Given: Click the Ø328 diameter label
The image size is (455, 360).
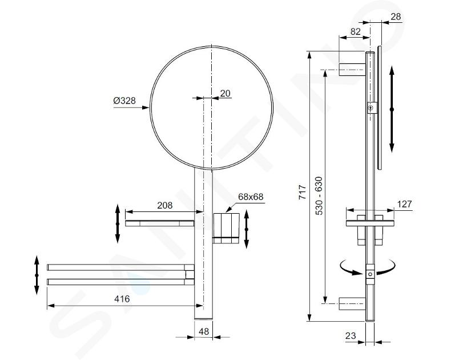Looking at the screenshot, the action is pyautogui.click(x=124, y=101).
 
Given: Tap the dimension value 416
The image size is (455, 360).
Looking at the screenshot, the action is pyautogui.click(x=122, y=299).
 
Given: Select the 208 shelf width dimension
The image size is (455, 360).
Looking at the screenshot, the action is pyautogui.click(x=164, y=205).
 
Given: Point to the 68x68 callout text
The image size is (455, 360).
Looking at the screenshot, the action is pyautogui.click(x=251, y=197).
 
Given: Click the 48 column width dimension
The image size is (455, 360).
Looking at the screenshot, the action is pyautogui.click(x=204, y=331).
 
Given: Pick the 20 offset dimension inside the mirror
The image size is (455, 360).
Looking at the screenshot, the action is pyautogui.click(x=225, y=93).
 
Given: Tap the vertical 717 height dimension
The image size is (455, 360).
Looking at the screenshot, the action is pyautogui.click(x=303, y=192).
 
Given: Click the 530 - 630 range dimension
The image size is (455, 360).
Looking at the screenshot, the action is pyautogui.click(x=319, y=195).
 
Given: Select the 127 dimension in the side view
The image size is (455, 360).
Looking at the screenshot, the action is pyautogui.click(x=404, y=204).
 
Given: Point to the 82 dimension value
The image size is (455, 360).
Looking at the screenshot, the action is pyautogui.click(x=355, y=31).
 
